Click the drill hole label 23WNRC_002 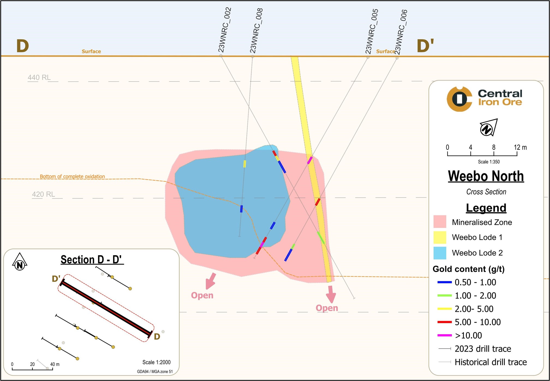[x=225, y=30]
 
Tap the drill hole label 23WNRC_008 [x=256, y=31]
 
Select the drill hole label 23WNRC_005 [x=372, y=31]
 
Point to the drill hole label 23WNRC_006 [x=401, y=32]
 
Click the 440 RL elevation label [x=39, y=77]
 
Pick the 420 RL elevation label [x=43, y=194]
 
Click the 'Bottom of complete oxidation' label [x=72, y=176]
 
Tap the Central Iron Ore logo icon [x=459, y=99]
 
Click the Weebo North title [x=486, y=176]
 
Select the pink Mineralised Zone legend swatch [x=440, y=222]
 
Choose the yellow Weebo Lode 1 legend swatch [x=440, y=237]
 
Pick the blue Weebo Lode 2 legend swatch [x=440, y=253]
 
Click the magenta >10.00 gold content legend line [x=444, y=335]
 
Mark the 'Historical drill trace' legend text [x=491, y=362]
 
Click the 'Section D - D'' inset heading [x=92, y=259]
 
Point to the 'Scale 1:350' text [x=489, y=162]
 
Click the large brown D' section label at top [x=425, y=46]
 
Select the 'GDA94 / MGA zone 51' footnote [x=155, y=371]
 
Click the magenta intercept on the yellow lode [x=310, y=160]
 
